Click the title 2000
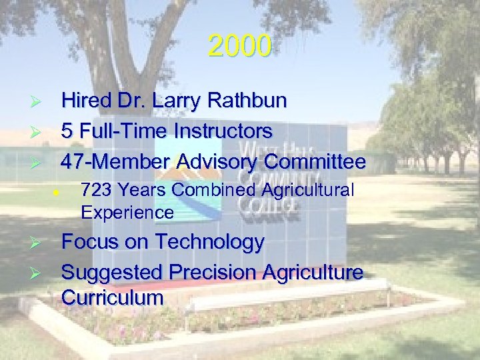(x=239, y=46)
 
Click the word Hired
(x=84, y=101)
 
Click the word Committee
(x=315, y=162)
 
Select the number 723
(x=94, y=191)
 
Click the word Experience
(x=127, y=213)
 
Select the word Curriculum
(x=112, y=297)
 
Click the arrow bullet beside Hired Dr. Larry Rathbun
(x=37, y=102)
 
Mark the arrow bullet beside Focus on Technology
(x=37, y=243)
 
